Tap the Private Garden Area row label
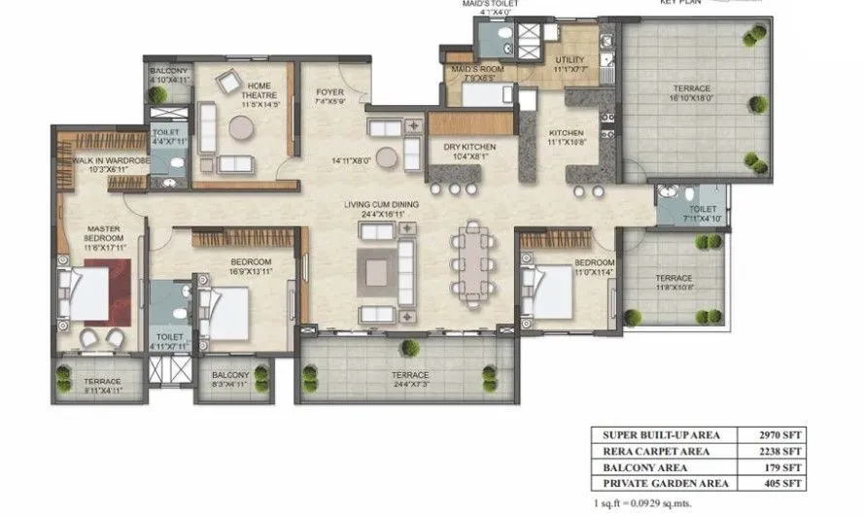[661, 482]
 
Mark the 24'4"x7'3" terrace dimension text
[408, 383]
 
